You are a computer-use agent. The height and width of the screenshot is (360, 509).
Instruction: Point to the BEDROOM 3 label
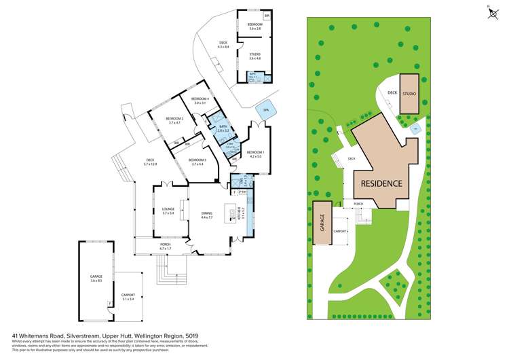click(197, 162)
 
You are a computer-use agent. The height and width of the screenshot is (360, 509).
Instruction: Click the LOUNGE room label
click(168, 211)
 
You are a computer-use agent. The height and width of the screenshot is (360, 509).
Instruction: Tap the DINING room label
click(207, 215)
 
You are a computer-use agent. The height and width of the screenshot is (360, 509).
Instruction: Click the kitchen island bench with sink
click(233, 215)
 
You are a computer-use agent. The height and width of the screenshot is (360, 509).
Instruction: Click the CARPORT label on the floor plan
click(128, 297)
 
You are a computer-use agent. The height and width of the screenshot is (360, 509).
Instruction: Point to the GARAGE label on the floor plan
click(96, 277)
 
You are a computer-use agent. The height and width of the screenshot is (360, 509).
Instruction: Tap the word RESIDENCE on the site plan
click(381, 183)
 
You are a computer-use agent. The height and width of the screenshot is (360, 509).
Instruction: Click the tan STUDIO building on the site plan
click(409, 94)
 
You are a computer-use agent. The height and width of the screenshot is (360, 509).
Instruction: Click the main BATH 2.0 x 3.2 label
click(223, 128)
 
